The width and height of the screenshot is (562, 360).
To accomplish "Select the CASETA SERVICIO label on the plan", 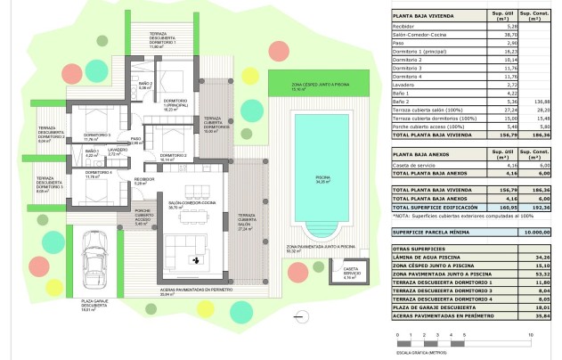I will (x=350, y=271).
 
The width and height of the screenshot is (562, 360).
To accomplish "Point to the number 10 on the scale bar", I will (x=531, y=333).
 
